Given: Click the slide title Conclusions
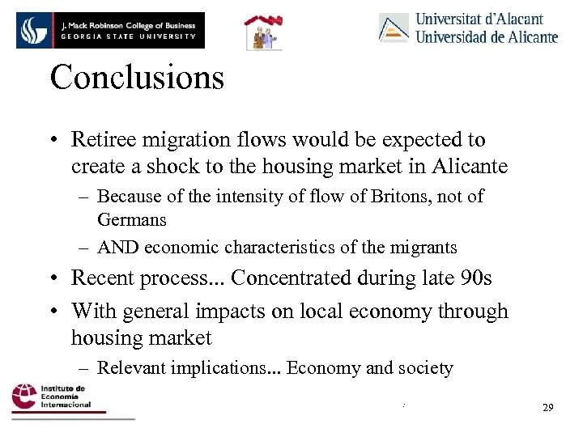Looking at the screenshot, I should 136,78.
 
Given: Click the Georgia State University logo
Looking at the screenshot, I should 110,30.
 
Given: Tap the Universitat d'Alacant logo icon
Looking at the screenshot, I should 394,28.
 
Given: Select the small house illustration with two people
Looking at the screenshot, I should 264,32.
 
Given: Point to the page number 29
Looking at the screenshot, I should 547,407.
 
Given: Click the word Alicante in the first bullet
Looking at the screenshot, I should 470,167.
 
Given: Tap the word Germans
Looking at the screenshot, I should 131,219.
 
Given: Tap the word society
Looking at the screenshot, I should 423,368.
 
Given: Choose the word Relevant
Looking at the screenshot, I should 130,368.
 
